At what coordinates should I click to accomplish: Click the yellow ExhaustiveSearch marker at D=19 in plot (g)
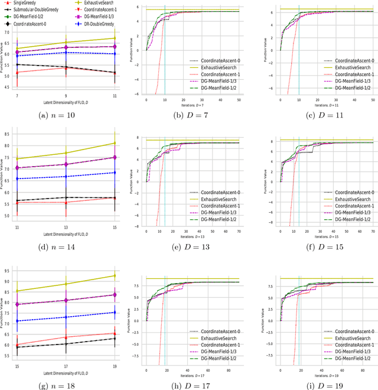pyautogui.click(x=114, y=276)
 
